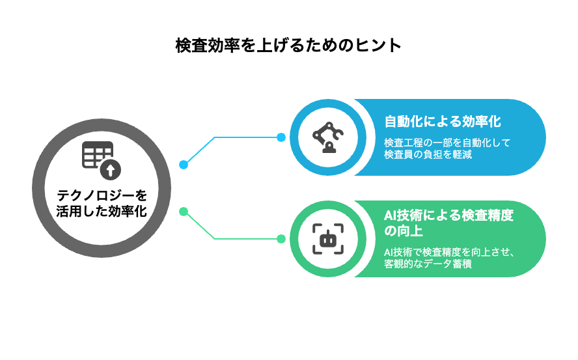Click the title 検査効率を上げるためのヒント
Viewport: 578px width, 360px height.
(x=288, y=46)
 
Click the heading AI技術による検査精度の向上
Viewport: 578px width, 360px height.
(x=448, y=223)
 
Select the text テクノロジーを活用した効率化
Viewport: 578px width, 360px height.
(x=102, y=202)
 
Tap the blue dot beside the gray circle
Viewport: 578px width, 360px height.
(x=184, y=165)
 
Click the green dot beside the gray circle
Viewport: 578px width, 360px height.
(x=184, y=211)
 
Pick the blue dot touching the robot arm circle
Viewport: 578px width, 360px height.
(x=281, y=137)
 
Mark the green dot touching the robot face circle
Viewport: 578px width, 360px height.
(x=281, y=239)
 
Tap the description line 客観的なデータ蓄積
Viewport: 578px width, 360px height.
(x=428, y=265)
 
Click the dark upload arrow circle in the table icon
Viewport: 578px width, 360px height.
(x=110, y=171)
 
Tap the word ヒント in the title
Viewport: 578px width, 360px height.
(x=382, y=46)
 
